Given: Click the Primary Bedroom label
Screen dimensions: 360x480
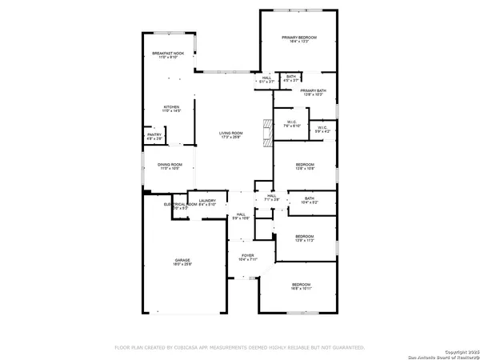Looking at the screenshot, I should click(x=298, y=39).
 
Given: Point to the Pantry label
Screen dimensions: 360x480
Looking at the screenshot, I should click(x=154, y=137).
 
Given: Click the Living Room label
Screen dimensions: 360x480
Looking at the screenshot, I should click(x=231, y=134).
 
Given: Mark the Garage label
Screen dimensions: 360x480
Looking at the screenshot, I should click(x=183, y=262).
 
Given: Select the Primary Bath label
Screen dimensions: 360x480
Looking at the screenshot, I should click(x=313, y=93).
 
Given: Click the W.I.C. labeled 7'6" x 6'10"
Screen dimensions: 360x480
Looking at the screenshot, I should click(x=291, y=125).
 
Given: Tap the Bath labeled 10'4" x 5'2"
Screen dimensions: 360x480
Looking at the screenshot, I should click(x=309, y=200).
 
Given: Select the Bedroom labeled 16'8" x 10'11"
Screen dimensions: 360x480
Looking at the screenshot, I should click(x=301, y=286).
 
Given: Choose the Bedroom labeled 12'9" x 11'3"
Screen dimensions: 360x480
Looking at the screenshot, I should click(x=304, y=238).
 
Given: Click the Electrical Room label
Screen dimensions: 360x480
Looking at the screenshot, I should click(x=180, y=206).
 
